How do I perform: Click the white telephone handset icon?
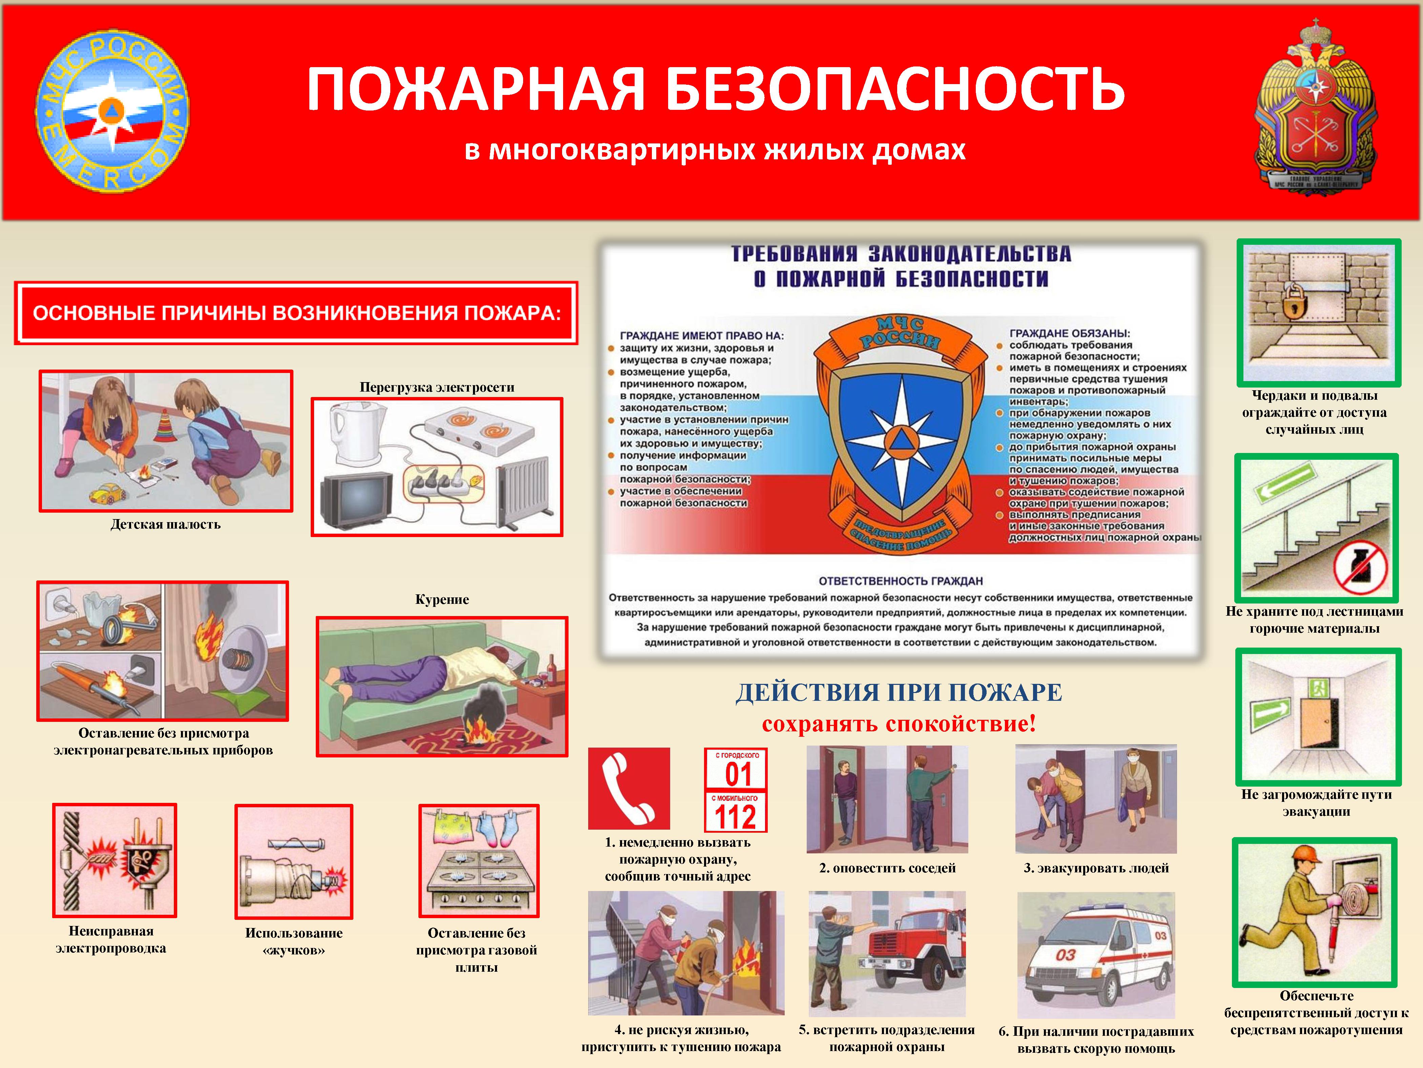click(x=628, y=788)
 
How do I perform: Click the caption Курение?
click(x=442, y=599)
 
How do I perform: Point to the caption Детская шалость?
click(x=165, y=524)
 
